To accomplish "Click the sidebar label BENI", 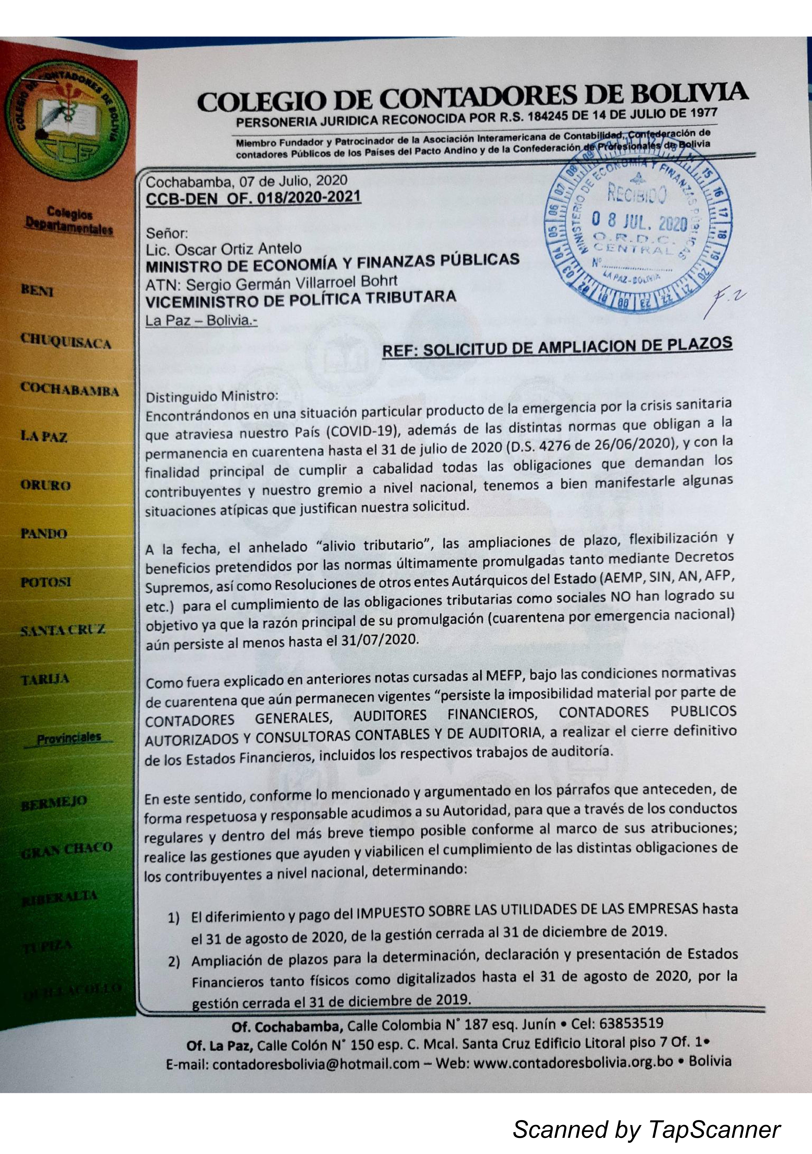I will [x=38, y=291].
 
